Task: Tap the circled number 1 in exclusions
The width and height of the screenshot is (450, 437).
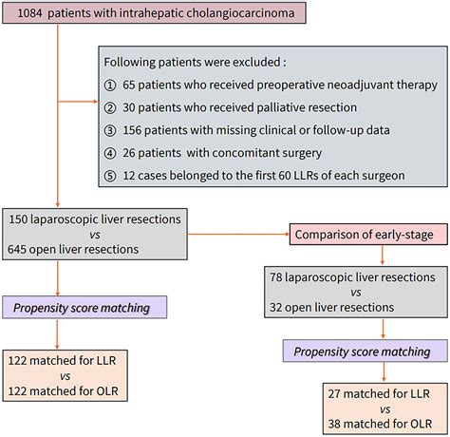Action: click(x=111, y=85)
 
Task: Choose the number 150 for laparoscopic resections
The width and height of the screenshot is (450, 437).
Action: click(x=23, y=218)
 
